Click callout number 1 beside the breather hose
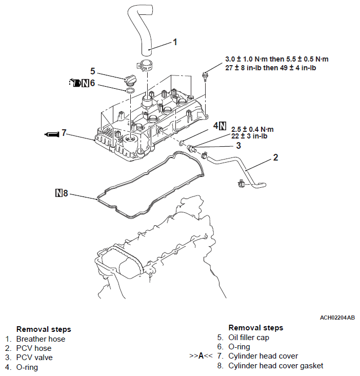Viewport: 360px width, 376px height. click(175, 42)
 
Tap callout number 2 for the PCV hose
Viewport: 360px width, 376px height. click(275, 157)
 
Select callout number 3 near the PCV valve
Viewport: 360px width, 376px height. click(238, 146)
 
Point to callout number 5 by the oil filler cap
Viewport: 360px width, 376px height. click(93, 71)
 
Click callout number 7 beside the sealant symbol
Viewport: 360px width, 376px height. click(64, 133)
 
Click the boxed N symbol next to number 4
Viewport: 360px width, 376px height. click(222, 125)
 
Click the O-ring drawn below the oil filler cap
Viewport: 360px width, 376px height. click(131, 91)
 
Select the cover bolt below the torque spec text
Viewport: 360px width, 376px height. click(206, 76)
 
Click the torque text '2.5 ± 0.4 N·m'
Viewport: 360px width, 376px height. click(252, 129)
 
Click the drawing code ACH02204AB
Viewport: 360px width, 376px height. click(337, 318)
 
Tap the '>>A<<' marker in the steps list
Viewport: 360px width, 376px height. click(201, 356)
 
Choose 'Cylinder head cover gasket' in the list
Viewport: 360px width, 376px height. click(275, 366)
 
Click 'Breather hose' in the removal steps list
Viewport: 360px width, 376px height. click(41, 339)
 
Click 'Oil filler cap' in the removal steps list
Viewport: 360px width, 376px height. click(248, 338)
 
